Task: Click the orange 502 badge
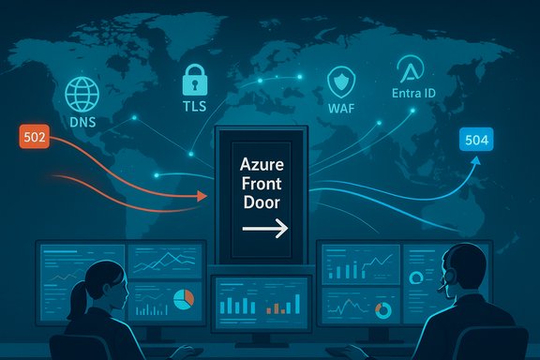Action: click(x=33, y=136)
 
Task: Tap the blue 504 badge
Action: click(x=477, y=142)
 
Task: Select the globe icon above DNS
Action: click(x=82, y=94)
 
